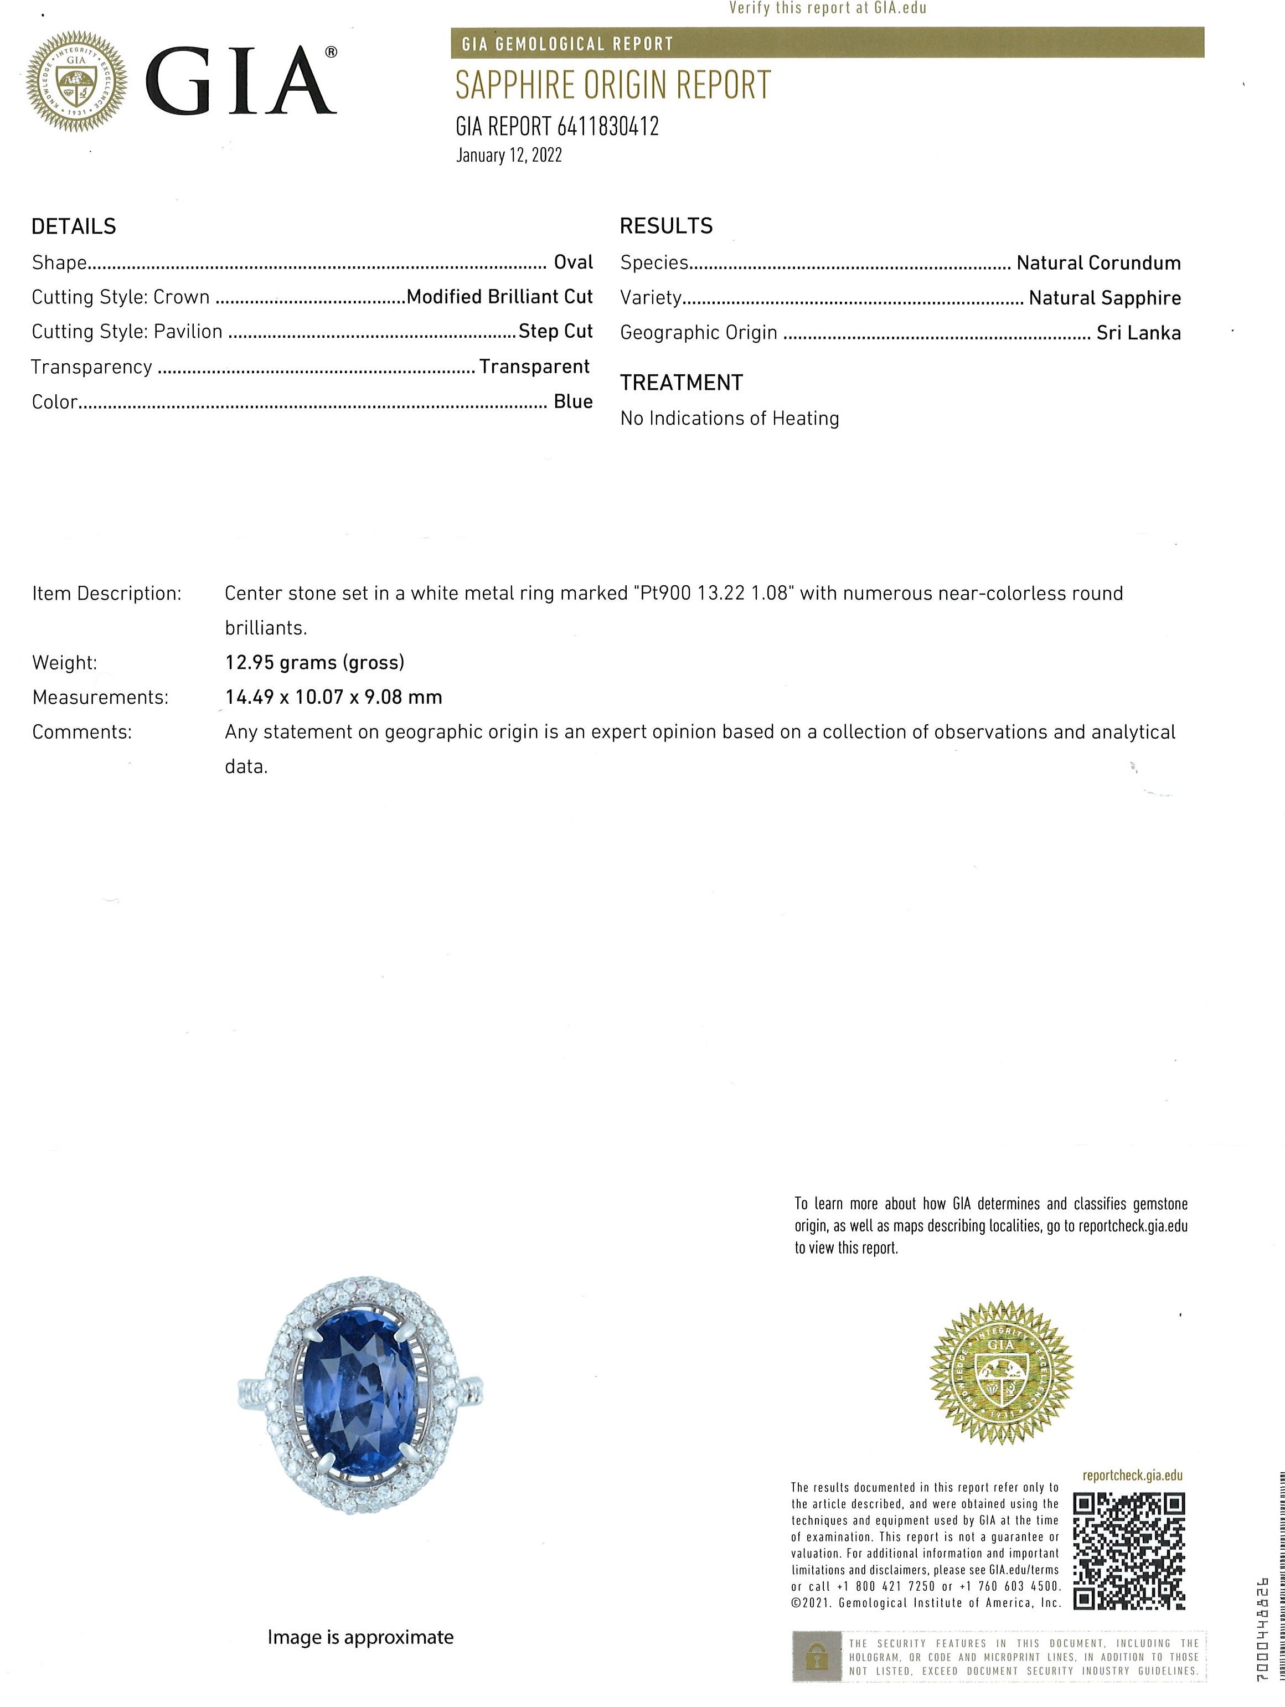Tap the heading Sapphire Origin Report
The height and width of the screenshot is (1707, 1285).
[x=613, y=86]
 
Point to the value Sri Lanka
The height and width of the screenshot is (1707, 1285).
[x=1138, y=333]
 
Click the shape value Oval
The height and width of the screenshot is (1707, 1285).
[x=572, y=262]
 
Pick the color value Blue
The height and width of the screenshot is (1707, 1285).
[x=572, y=402]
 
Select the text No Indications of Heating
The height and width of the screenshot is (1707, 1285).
[x=729, y=418]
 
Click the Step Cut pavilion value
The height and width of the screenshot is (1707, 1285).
[x=555, y=331]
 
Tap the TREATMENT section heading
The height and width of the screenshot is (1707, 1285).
[x=681, y=383]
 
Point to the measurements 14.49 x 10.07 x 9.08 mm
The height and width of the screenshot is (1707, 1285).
[x=333, y=697]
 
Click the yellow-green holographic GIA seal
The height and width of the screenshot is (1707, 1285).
[x=1001, y=1372]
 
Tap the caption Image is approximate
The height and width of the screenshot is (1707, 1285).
[x=360, y=1637]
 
